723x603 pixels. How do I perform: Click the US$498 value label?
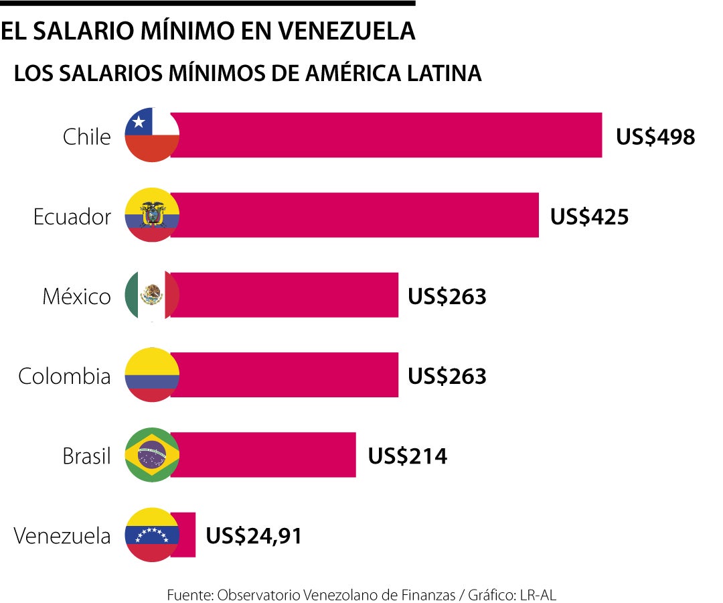pyautogui.click(x=655, y=137)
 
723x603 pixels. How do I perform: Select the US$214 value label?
pyautogui.click(x=407, y=456)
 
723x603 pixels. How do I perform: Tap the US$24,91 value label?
pyautogui.click(x=253, y=536)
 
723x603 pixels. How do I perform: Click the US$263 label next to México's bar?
pyautogui.click(x=447, y=296)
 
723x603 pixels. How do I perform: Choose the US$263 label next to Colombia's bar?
pyautogui.click(x=447, y=376)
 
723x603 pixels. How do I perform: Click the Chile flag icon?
pyautogui.click(x=152, y=135)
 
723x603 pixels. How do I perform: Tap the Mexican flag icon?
pyautogui.click(x=152, y=295)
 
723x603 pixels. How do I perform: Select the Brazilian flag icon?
pyautogui.click(x=152, y=455)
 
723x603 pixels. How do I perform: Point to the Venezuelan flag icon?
pyautogui.click(x=152, y=535)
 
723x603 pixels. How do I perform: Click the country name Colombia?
pyautogui.click(x=64, y=376)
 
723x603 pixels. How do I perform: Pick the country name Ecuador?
pyautogui.click(x=72, y=216)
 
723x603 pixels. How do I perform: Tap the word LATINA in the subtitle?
pyautogui.click(x=443, y=73)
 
